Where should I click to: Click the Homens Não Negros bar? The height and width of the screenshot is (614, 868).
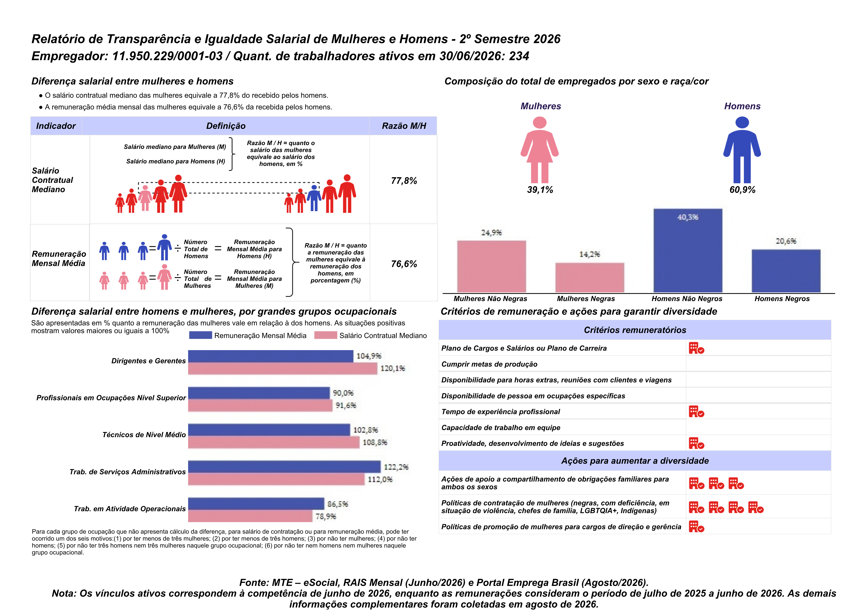click(688, 250)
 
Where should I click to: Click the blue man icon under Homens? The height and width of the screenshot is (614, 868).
click(742, 150)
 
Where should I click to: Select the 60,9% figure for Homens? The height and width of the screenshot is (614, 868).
click(742, 190)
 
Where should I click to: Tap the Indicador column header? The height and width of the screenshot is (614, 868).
click(56, 126)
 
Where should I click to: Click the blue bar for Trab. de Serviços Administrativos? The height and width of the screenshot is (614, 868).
click(284, 467)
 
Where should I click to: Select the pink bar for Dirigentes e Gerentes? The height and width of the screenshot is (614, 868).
click(283, 368)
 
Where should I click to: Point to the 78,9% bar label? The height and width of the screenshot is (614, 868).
click(326, 516)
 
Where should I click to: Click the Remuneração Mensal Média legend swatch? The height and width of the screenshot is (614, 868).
click(200, 335)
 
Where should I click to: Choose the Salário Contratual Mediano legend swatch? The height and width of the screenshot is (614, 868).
click(325, 335)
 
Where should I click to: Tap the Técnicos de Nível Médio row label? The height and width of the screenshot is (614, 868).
click(144, 435)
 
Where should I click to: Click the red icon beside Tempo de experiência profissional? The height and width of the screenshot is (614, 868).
click(696, 412)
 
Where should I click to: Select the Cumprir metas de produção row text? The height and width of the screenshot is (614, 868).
click(489, 364)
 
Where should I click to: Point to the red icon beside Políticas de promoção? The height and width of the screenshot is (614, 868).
click(696, 527)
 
